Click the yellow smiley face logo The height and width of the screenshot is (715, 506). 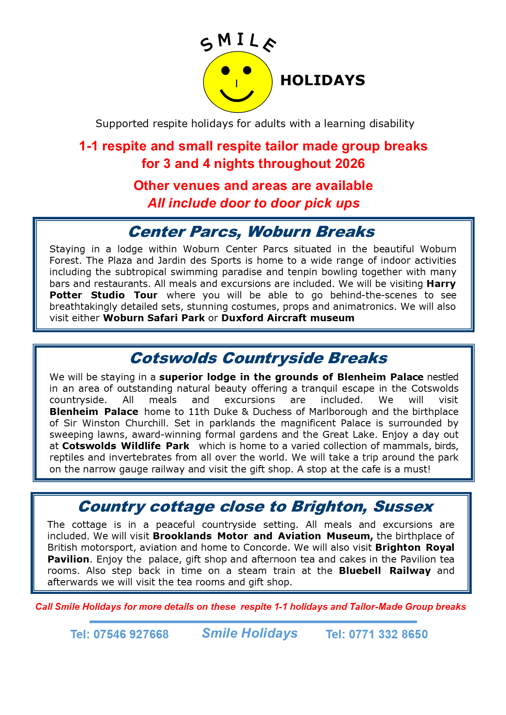237,82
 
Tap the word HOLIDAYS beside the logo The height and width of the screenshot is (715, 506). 322,80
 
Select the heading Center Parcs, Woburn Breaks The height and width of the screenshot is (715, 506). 251,232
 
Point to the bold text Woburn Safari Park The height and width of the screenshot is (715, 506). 154,318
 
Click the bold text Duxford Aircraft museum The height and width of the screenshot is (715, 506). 288,318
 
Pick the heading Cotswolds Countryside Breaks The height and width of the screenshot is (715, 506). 259,358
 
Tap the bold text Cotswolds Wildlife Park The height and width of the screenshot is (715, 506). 126,446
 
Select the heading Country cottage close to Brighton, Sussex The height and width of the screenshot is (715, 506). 255,506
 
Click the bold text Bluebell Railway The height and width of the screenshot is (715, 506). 384,571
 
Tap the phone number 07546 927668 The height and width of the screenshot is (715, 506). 131,634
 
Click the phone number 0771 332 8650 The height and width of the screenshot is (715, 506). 388,634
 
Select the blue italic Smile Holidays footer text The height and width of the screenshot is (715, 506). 250,633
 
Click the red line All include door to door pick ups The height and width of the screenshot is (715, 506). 253,203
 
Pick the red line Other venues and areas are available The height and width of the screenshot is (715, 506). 253,185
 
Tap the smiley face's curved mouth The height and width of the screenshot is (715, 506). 237,96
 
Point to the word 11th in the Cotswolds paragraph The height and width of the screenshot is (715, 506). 199,412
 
